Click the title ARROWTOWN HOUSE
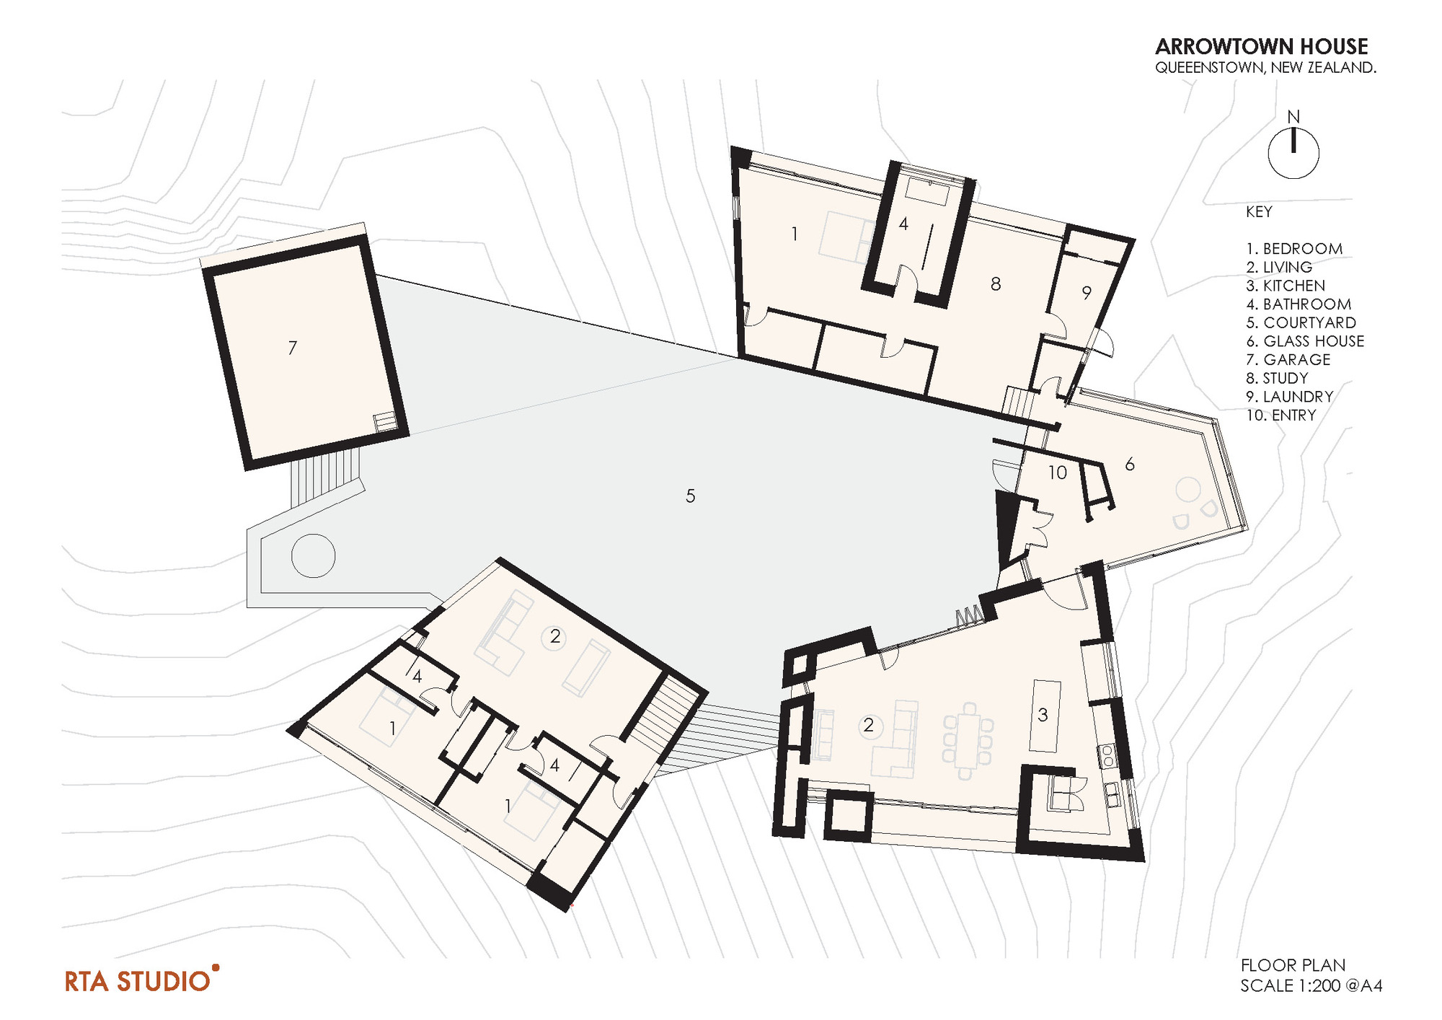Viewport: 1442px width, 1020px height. pyautogui.click(x=1261, y=47)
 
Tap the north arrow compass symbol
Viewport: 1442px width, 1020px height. pyautogui.click(x=1293, y=152)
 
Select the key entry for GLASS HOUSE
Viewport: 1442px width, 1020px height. pyautogui.click(x=1305, y=341)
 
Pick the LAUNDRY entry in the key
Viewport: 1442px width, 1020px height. pyautogui.click(x=1290, y=397)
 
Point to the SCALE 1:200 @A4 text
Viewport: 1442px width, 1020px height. pyautogui.click(x=1311, y=985)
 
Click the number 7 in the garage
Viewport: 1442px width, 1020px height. pyautogui.click(x=292, y=348)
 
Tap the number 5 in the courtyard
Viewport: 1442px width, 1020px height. pyautogui.click(x=690, y=496)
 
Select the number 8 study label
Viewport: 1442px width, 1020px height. pyautogui.click(x=996, y=284)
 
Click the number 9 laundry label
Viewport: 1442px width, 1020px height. pyautogui.click(x=1087, y=292)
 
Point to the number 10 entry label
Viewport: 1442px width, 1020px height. pyautogui.click(x=1057, y=472)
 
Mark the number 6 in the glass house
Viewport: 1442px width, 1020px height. pyautogui.click(x=1130, y=465)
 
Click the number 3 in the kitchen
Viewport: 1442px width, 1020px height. pyautogui.click(x=1043, y=715)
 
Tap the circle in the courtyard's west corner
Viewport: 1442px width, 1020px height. pyautogui.click(x=313, y=555)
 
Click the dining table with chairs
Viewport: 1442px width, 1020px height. pyautogui.click(x=967, y=741)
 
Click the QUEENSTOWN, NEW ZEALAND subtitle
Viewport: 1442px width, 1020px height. pyautogui.click(x=1265, y=68)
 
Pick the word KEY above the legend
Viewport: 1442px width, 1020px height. pyautogui.click(x=1259, y=212)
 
